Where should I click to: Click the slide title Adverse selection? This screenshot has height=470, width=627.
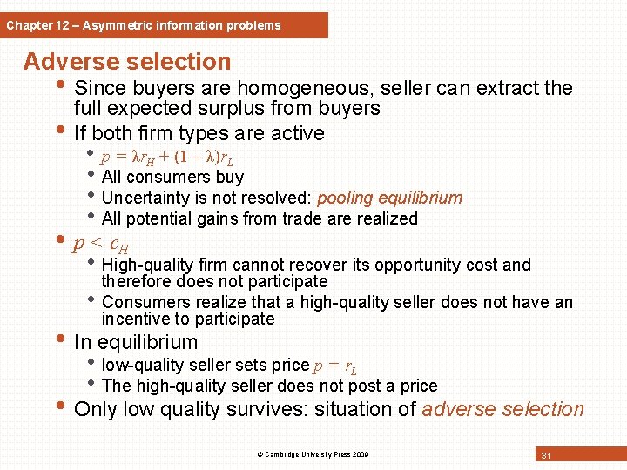[127, 62]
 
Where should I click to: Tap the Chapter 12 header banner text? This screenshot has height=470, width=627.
[144, 25]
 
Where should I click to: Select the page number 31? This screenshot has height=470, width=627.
[547, 455]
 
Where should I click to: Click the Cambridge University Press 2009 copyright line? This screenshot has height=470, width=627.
[313, 454]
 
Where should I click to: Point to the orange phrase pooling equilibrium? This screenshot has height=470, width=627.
[389, 198]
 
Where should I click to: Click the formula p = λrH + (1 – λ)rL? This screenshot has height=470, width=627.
[166, 158]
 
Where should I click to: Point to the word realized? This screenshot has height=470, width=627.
[383, 218]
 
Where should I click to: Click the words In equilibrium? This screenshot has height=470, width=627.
[136, 342]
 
